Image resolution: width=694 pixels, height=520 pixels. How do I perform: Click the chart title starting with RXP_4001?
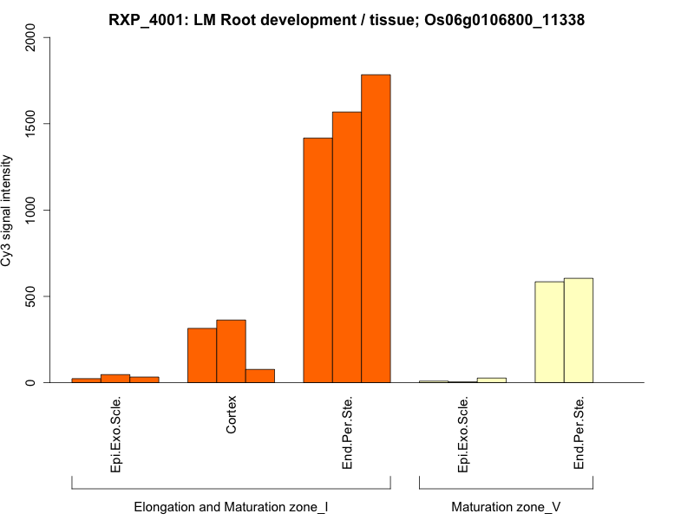coord(346,19)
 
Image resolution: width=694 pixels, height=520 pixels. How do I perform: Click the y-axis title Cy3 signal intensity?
coord(8,210)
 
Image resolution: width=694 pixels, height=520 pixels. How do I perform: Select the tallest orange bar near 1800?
coord(376,229)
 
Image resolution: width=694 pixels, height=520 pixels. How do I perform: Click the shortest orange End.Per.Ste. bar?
coord(318,260)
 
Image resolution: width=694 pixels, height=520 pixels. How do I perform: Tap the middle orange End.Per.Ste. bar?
coord(347,247)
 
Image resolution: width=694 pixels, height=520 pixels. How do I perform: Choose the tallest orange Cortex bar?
coord(231,351)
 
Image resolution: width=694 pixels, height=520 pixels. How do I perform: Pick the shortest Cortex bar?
coord(260,376)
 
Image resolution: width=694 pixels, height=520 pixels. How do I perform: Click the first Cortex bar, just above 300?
coord(202,355)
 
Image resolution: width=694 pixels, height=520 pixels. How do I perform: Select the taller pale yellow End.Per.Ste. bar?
coord(579,330)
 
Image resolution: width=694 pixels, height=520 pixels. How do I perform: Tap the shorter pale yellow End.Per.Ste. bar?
coord(549,332)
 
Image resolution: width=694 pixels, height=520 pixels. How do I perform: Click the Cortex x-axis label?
coord(231,416)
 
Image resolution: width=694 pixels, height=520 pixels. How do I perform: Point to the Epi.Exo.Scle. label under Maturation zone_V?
coord(463,434)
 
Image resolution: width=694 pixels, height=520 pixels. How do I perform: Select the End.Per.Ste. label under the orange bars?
coord(347,432)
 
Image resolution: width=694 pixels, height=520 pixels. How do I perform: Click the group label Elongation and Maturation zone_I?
coord(231,506)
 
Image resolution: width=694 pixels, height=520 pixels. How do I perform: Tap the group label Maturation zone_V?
coord(506,506)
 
